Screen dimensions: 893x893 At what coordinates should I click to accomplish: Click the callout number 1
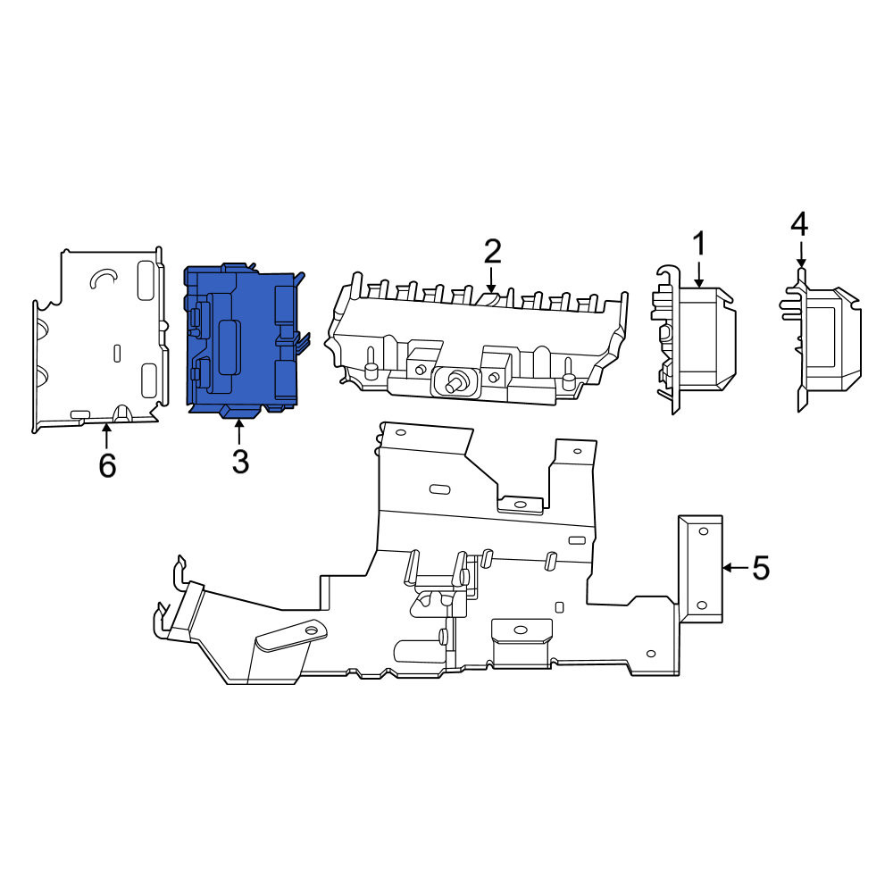(699, 244)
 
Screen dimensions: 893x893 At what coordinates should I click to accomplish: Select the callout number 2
(492, 251)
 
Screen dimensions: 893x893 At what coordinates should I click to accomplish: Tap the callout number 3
(240, 462)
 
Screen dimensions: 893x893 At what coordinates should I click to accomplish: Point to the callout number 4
(799, 224)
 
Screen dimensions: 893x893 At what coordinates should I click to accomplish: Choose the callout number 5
(761, 568)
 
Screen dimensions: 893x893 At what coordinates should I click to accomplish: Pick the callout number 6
(107, 466)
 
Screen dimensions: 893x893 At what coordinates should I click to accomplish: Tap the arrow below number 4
(801, 254)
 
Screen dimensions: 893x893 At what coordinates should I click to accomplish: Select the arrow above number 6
(106, 437)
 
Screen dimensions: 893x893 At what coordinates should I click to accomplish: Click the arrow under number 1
(699, 273)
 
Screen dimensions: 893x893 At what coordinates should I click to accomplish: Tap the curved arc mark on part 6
(103, 276)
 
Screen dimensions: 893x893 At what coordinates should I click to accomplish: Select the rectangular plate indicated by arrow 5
(700, 569)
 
